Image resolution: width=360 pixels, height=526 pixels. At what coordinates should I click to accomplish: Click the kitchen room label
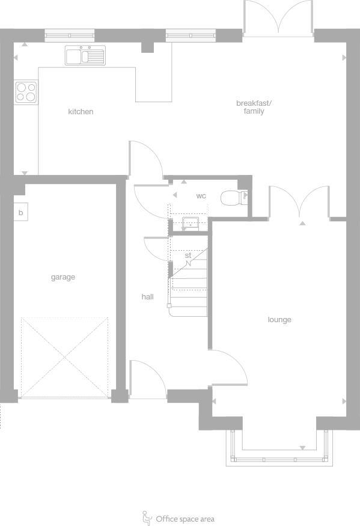point(81,112)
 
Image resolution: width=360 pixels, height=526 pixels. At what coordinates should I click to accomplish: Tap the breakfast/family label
point(254,107)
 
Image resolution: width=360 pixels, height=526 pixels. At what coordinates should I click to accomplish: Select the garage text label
point(63,277)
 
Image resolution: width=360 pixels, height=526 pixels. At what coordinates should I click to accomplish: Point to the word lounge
point(279,320)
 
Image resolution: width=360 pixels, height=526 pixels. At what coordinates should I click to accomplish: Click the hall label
point(147,296)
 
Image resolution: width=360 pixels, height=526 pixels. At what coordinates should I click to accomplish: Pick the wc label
point(201,196)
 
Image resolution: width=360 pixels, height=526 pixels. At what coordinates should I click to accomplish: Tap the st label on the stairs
point(188,255)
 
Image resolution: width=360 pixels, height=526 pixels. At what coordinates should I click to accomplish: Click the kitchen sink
point(85,56)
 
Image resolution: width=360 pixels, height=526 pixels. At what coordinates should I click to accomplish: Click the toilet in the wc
point(231,197)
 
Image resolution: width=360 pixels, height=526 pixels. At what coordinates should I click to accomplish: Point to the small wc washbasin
point(191,224)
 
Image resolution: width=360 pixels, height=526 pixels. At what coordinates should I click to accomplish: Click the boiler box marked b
point(20,213)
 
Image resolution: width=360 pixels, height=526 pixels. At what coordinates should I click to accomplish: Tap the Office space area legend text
point(185,519)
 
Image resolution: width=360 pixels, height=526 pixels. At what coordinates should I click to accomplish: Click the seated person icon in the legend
point(147,518)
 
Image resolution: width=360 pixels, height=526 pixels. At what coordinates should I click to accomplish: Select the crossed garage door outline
point(65,357)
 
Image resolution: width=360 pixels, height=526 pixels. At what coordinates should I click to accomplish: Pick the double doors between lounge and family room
point(299,203)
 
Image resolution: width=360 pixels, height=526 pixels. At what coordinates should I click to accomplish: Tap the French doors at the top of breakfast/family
point(278,18)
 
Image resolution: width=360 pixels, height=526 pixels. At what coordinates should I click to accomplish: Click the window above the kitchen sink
point(70,35)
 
